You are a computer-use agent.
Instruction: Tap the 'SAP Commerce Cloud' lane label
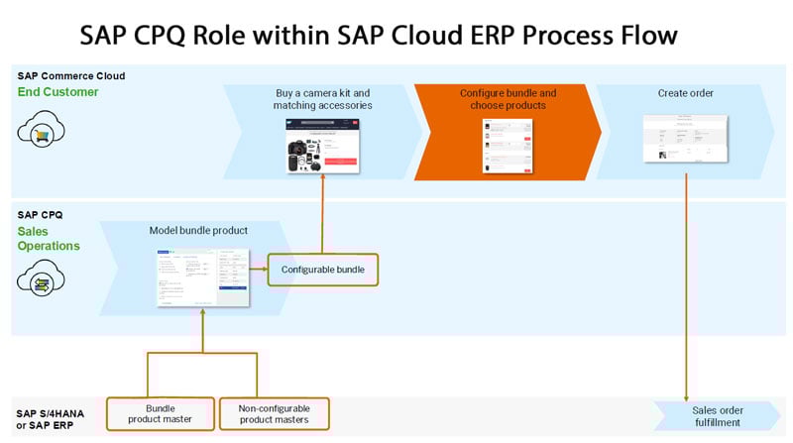70,76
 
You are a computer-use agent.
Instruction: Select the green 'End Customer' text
58,92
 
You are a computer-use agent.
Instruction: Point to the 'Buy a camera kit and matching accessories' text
323,100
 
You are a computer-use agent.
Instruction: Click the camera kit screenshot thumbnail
323,146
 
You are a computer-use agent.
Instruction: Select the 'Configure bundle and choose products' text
508,100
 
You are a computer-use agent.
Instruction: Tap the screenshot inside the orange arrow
508,145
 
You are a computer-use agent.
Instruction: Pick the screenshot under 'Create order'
684,138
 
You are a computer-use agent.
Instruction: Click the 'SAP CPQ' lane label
41,213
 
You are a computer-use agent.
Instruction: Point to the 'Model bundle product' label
198,230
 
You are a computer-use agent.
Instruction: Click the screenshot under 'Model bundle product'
202,277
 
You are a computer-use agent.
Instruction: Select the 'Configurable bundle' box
322,270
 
